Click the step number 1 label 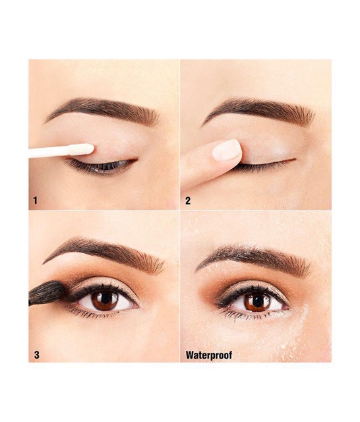coord(35,200)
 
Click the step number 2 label coord(188,200)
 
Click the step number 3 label coord(36,355)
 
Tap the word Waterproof coord(209,355)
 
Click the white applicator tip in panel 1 coord(82,149)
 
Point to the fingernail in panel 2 coord(227,150)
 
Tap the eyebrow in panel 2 coord(260,111)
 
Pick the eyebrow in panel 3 coord(105,253)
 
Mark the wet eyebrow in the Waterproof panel coord(255,258)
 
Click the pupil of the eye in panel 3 coord(105,298)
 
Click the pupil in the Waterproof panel coord(258,301)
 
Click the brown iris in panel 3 coord(105,299)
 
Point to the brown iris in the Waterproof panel coord(258,303)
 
